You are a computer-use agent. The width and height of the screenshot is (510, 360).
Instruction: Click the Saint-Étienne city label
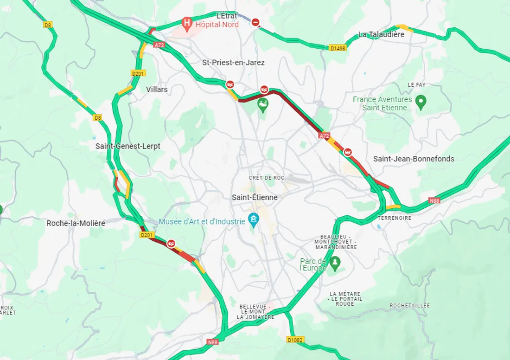[255, 197]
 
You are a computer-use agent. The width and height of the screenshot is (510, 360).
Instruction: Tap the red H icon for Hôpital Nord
[187, 22]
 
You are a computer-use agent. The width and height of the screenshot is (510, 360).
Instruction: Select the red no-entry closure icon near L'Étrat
[255, 22]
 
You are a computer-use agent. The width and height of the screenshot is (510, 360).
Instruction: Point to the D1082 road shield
[295, 340]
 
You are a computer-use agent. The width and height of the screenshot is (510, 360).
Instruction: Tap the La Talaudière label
[381, 34]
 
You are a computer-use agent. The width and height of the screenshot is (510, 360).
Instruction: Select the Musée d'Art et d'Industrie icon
[253, 219]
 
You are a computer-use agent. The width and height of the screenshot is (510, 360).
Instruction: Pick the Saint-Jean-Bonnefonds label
[414, 159]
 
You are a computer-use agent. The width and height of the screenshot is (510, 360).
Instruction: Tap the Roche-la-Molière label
[76, 223]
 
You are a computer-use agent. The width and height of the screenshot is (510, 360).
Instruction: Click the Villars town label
[157, 89]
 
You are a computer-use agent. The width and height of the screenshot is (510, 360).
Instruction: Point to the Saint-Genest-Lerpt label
[127, 146]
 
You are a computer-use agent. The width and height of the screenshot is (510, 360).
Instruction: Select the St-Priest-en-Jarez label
[233, 62]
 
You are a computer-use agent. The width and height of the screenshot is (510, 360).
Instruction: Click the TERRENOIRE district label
[395, 218]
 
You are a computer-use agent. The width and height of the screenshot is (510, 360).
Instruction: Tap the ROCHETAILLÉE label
[409, 305]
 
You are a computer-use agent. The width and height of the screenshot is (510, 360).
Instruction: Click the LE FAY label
[416, 85]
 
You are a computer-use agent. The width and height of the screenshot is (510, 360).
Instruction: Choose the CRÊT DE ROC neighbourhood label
[267, 178]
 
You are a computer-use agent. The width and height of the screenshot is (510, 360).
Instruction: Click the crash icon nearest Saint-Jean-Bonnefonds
[347, 152]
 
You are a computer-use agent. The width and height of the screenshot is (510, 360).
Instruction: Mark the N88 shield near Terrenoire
[434, 200]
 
